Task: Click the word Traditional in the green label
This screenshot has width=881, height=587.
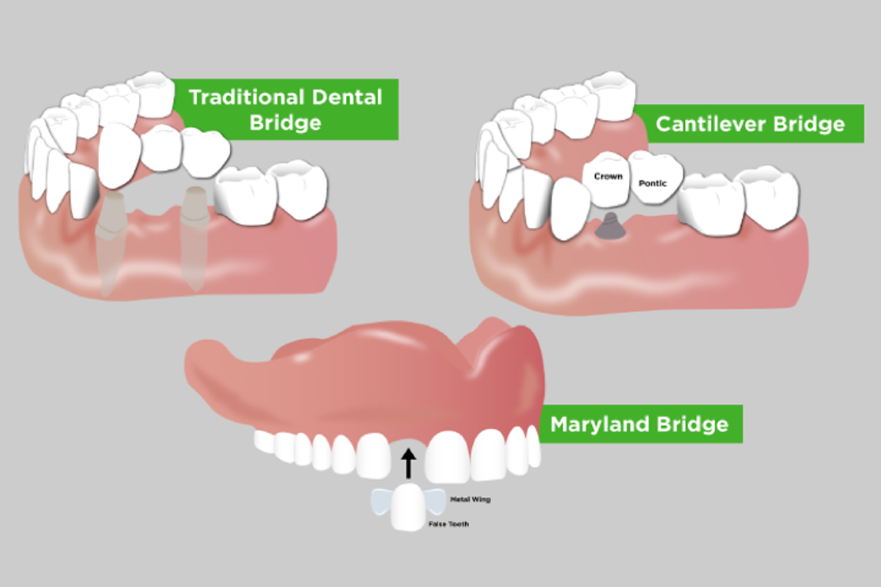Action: pos(247,97)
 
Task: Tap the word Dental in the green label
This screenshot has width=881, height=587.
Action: pos(347,97)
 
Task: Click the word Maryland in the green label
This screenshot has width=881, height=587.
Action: pos(600,424)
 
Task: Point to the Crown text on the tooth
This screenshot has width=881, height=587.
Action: pos(608,176)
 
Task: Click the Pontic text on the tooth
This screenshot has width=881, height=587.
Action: pos(653,183)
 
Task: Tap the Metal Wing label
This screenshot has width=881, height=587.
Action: pos(470,499)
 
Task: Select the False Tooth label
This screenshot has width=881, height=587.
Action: pos(448,524)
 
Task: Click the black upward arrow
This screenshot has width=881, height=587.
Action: pos(408,463)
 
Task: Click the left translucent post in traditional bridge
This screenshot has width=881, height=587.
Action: pos(109,242)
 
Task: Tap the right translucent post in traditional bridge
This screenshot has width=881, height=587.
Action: pos(194,237)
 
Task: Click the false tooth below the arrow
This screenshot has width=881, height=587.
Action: pos(407,509)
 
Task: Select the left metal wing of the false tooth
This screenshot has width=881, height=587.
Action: pos(381,502)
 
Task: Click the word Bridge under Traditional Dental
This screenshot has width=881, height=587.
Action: pos(285,122)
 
